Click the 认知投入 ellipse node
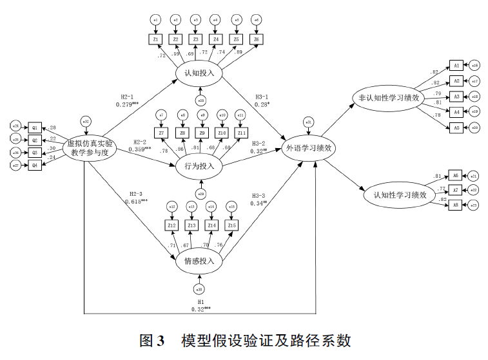pos(199,73)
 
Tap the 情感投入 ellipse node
pos(199,261)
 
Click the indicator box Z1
pos(155,40)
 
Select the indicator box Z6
pos(256,40)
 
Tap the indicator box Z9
pos(202,133)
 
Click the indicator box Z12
pos(171,225)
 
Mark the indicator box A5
pos(455,128)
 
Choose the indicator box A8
pos(454,205)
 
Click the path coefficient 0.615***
pos(137,202)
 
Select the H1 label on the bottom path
pos(200,301)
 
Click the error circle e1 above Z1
pos(155,21)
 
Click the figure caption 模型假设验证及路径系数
pos(266,340)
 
